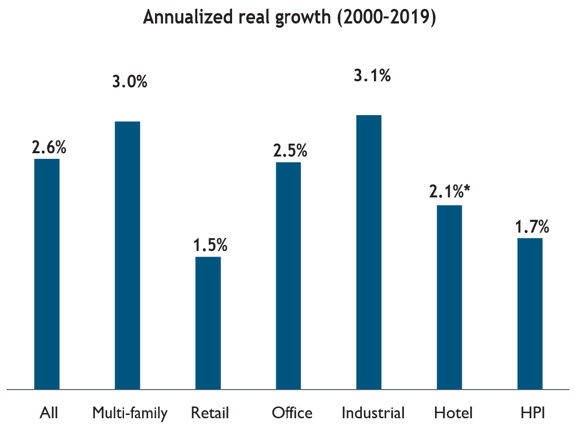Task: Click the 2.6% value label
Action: coord(49,147)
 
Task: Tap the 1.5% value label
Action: coord(210,245)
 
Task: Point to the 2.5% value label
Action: coord(290,151)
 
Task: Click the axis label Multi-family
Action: coord(130,413)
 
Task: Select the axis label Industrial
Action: coord(373,413)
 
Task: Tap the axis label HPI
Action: coord(533,413)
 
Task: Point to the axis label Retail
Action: coord(210,413)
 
